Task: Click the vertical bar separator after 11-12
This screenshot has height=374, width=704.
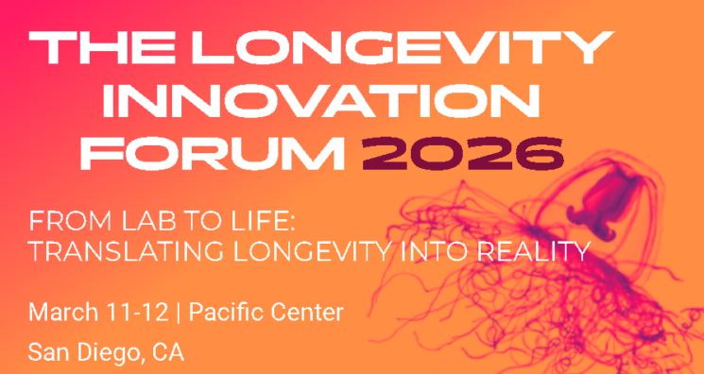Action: tap(179, 312)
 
